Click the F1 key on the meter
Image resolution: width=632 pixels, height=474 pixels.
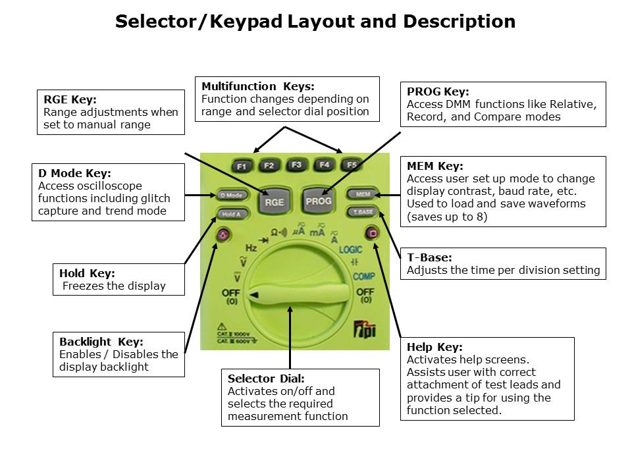(242, 167)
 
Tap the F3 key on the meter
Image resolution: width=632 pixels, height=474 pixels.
(296, 165)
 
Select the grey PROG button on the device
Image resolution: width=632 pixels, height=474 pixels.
(319, 200)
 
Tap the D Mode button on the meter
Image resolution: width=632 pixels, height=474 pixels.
(231, 195)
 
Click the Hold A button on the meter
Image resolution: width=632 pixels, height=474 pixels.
(231, 214)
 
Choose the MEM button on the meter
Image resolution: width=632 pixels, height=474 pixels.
(363, 194)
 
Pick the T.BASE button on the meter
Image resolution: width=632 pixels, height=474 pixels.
(363, 212)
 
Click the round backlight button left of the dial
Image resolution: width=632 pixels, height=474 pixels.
(223, 234)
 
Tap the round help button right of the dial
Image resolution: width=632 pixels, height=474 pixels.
(372, 233)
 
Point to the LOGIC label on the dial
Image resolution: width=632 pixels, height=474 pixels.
(351, 250)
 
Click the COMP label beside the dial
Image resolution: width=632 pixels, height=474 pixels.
(363, 276)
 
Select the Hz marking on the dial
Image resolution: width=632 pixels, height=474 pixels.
(251, 248)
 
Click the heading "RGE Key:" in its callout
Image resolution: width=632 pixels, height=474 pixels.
(70, 100)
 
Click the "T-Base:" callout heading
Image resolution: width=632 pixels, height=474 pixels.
(429, 257)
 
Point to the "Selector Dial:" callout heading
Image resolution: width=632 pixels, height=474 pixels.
(266, 379)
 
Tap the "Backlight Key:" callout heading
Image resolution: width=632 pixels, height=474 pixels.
(101, 342)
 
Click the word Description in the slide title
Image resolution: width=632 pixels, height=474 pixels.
(459, 22)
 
